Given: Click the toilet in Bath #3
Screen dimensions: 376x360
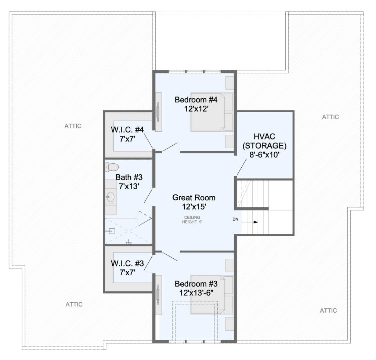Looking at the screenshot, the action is [x=112, y=167].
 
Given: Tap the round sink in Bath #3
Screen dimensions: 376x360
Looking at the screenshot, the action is [x=111, y=197].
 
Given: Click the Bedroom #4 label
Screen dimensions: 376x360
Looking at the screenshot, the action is [x=196, y=99].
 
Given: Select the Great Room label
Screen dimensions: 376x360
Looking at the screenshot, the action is [x=194, y=197].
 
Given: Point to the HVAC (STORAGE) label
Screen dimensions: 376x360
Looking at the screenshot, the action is [x=264, y=141].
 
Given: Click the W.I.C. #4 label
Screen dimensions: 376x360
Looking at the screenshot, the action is [x=127, y=130].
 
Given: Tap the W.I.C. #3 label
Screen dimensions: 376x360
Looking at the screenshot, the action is [x=127, y=263].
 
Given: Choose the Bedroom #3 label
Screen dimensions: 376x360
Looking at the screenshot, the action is [x=196, y=284].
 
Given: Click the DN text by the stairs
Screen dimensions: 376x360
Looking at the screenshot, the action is [x=235, y=219].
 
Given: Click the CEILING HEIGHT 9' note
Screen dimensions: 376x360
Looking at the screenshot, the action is [x=192, y=219].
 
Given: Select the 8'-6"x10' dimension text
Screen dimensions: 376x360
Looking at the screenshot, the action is [x=264, y=154].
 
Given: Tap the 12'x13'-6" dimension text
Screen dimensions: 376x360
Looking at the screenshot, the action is [x=196, y=292].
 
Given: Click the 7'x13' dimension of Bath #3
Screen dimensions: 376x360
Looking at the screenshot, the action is [x=129, y=186].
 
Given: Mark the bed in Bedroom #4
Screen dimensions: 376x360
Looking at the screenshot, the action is [x=212, y=112].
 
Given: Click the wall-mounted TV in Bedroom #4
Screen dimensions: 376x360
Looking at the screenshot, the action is [x=158, y=112].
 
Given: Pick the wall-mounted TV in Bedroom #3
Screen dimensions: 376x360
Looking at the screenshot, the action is [x=158, y=294].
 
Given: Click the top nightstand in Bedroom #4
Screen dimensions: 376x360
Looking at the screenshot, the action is [x=229, y=83].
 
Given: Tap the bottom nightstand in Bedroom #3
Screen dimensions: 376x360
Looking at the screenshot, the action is [x=229, y=324].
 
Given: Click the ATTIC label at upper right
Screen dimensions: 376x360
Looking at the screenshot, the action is [x=330, y=117].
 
